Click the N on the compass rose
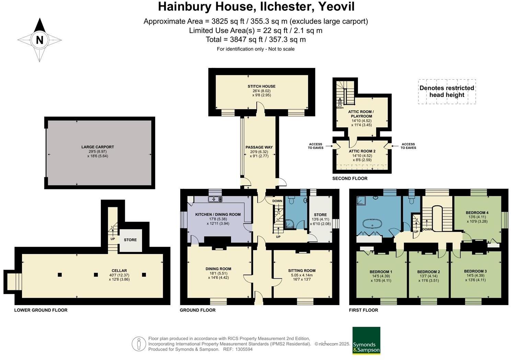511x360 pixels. [x=40, y=40]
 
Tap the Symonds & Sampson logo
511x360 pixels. [x=366, y=340]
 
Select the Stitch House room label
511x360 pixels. [x=262, y=86]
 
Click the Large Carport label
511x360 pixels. [x=98, y=147]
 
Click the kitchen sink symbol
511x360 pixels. [x=215, y=199]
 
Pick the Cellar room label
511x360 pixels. [x=119, y=270]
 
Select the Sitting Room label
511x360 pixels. [x=302, y=270]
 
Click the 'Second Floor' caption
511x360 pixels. [x=350, y=178]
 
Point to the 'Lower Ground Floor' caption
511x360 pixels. [x=41, y=310]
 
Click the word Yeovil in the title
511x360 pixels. [x=336, y=7]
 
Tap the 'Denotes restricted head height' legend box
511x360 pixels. [x=447, y=92]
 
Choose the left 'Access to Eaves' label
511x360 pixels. [x=315, y=146]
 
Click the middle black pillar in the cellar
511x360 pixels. [x=96, y=275]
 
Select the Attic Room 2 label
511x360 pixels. [x=362, y=151]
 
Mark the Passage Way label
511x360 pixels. [x=259, y=147]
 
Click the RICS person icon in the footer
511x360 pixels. [x=139, y=344]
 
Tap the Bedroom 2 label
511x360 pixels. [x=428, y=272]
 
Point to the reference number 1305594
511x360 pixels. [x=244, y=349]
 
